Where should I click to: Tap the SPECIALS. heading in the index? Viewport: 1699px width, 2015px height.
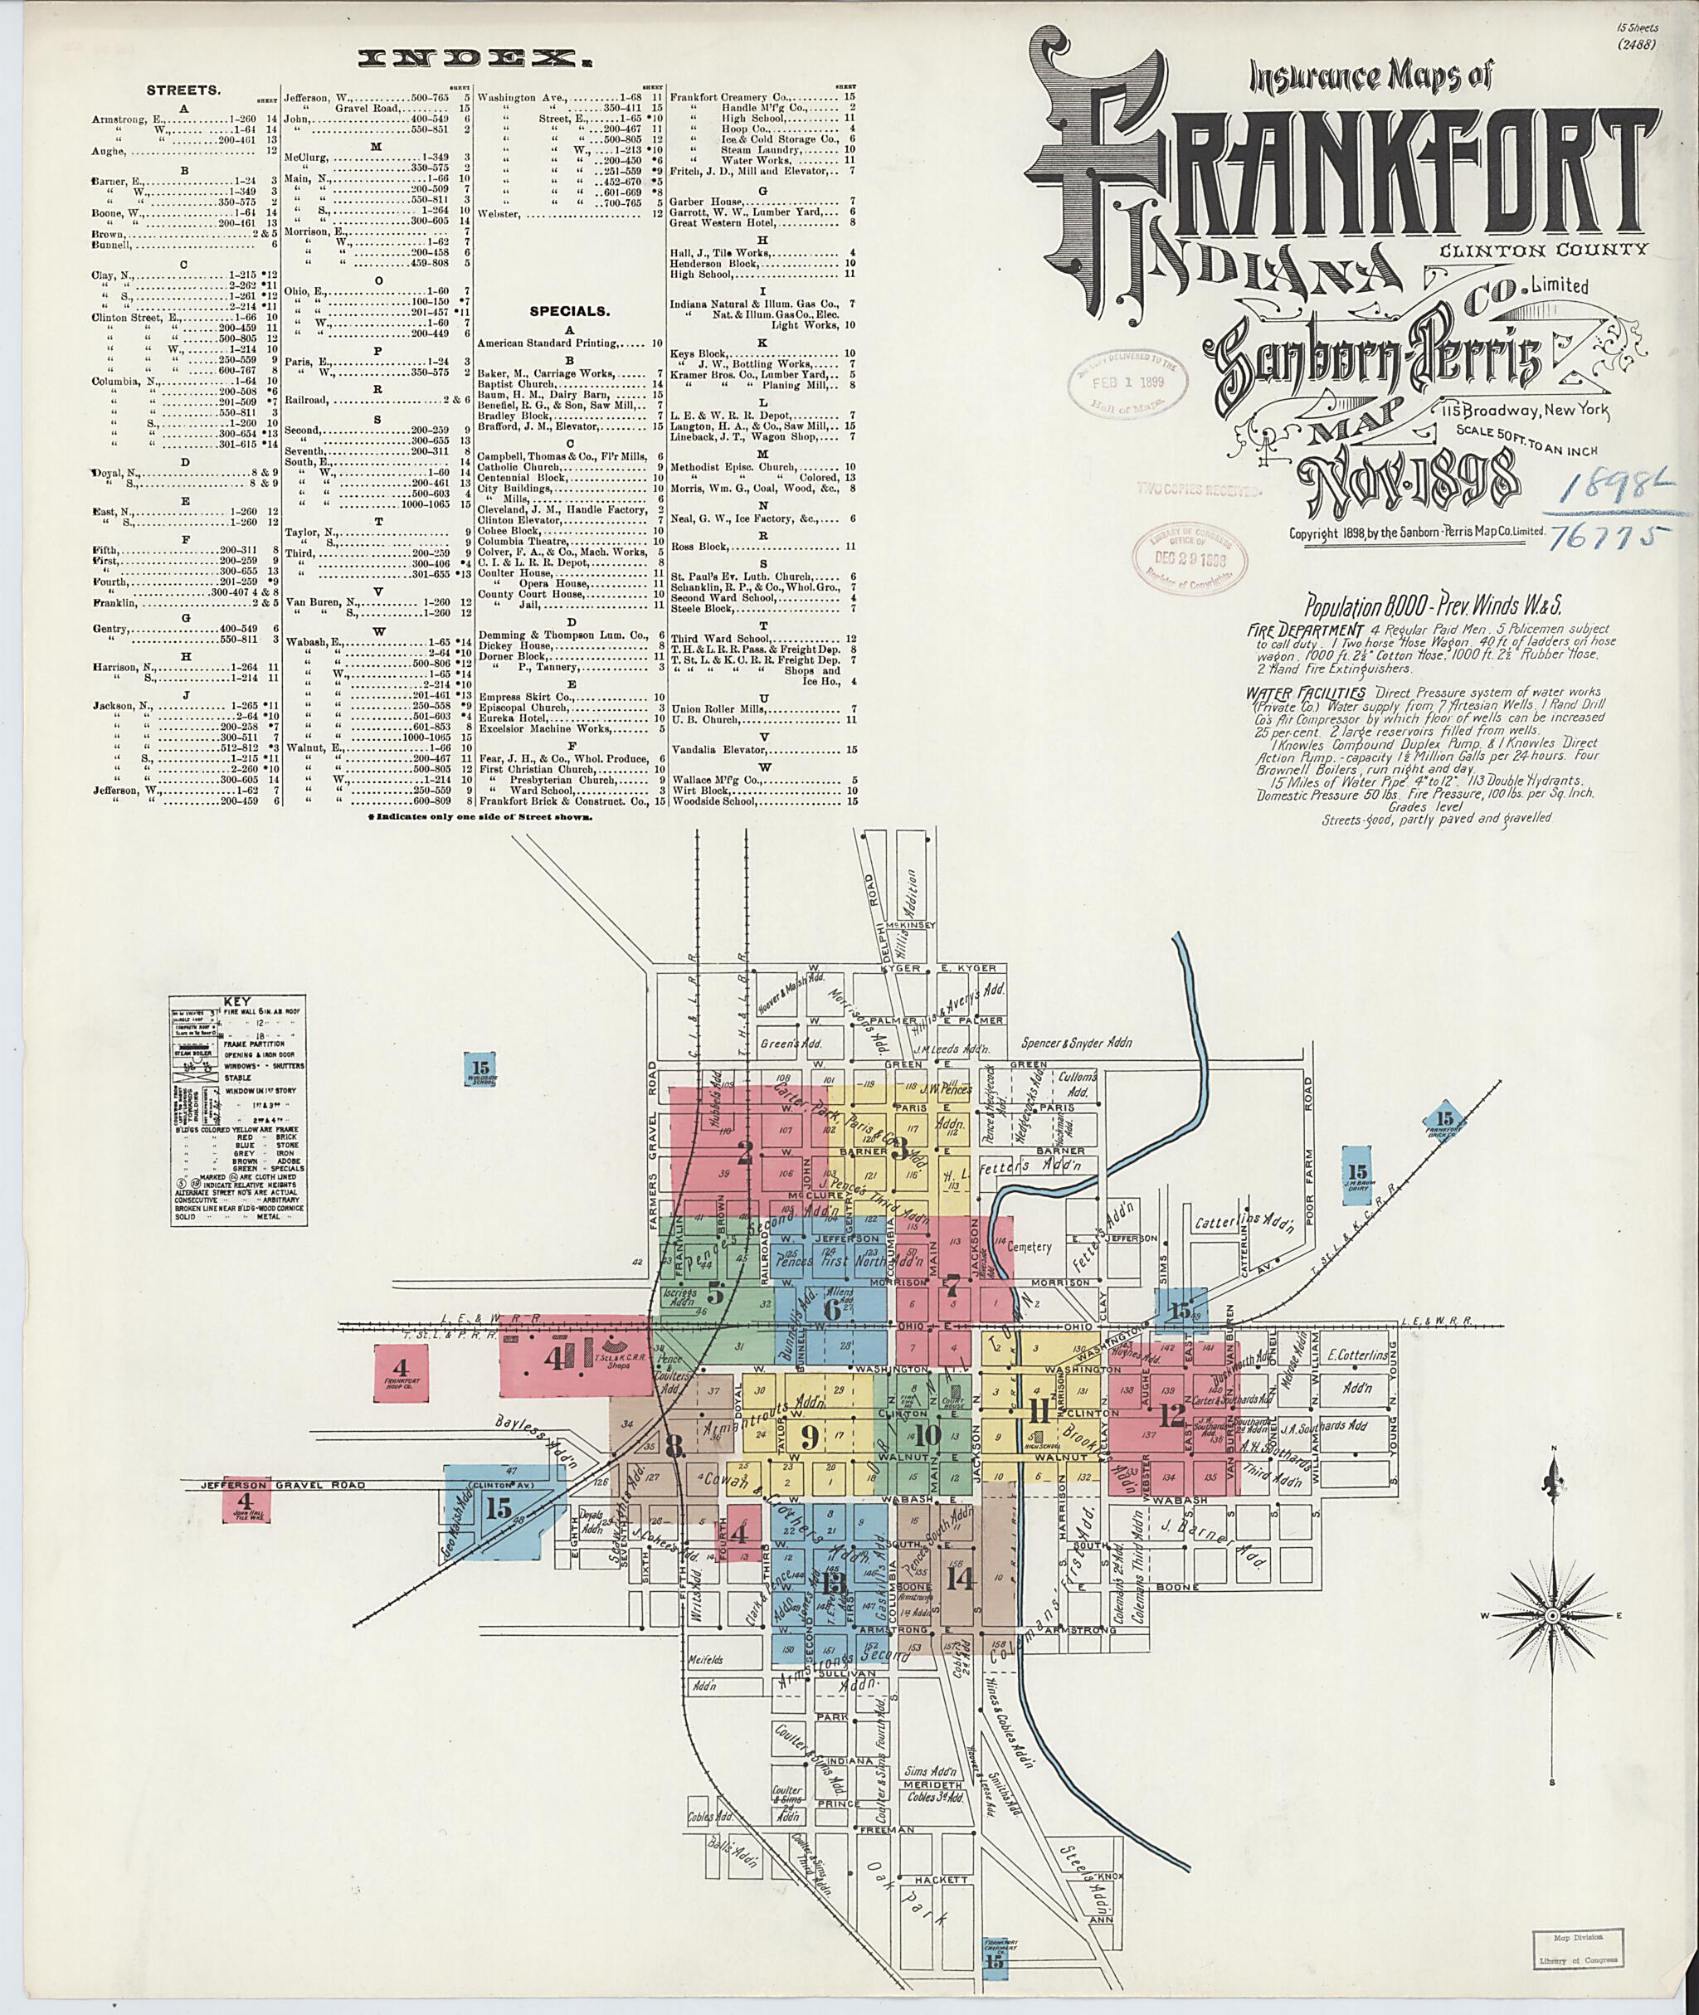[x=569, y=312]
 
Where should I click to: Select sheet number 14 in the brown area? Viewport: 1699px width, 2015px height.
[x=959, y=1578]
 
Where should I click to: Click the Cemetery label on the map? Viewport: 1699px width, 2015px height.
[x=1037, y=1246]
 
